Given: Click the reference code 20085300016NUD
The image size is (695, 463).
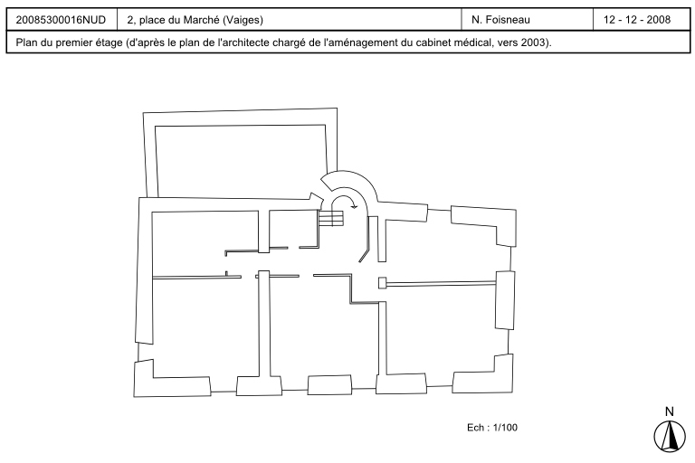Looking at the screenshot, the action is (61, 20).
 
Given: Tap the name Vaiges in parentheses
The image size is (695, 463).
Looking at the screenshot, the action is (243, 20).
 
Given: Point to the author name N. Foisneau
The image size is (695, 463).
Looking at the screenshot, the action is (500, 20).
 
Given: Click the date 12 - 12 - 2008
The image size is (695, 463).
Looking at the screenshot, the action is (637, 20).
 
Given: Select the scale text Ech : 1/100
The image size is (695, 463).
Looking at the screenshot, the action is (492, 428).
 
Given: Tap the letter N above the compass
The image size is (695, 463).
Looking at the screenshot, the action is (670, 411).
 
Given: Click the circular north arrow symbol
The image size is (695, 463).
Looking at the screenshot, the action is (670, 436).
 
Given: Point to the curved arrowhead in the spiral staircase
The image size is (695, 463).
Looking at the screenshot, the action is (354, 205).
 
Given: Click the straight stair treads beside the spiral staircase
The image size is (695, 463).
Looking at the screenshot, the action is (330, 218).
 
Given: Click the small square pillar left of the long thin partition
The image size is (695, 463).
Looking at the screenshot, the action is (383, 283).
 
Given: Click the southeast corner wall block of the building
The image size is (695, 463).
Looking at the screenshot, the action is (484, 375).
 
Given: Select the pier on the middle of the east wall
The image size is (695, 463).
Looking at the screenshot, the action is (505, 300).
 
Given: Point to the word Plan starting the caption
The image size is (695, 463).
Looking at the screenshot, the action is (25, 43).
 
